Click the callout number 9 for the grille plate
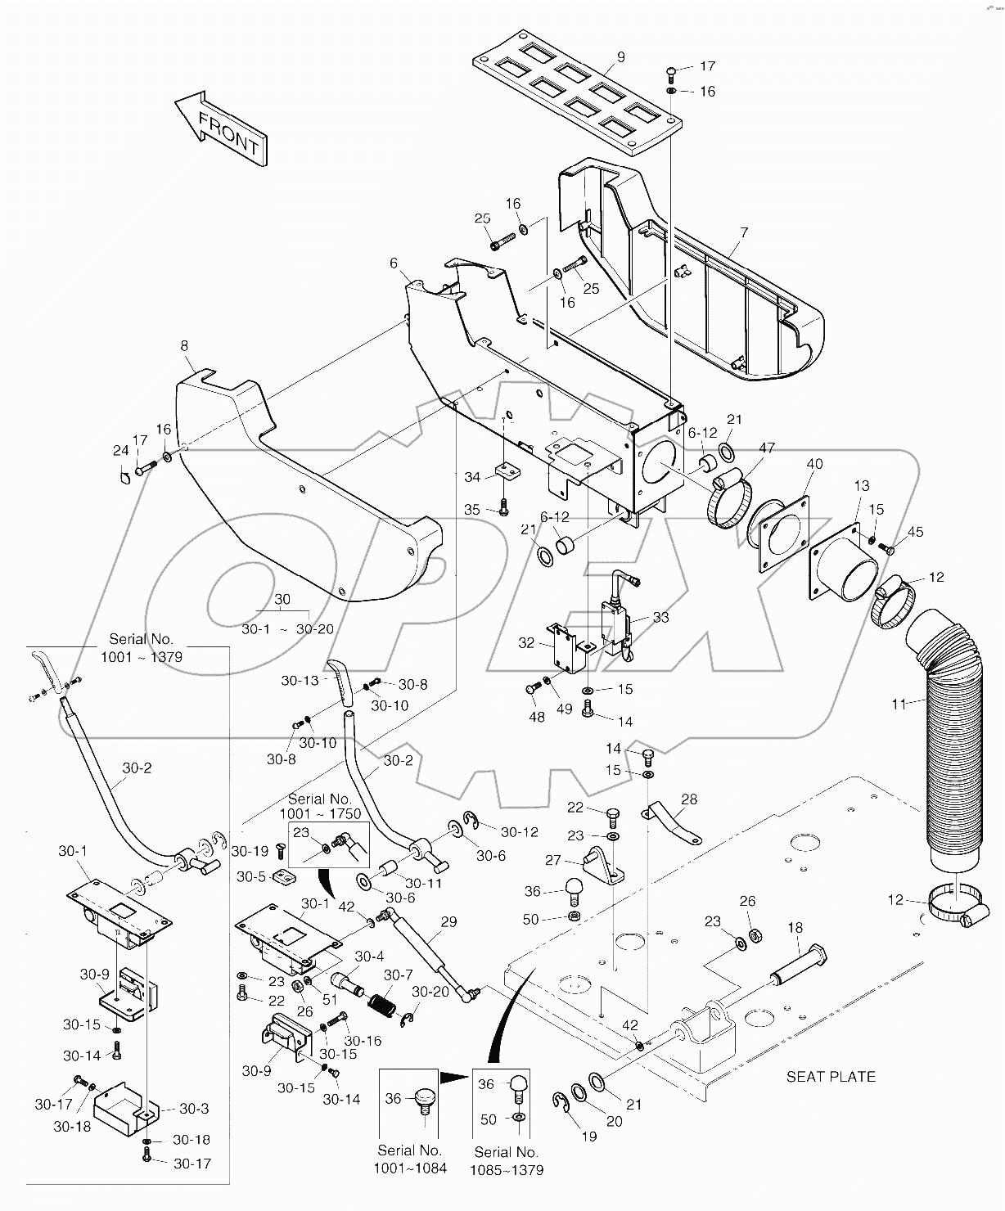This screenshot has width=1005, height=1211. [621, 56]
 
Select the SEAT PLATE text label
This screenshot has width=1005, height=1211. [831, 1076]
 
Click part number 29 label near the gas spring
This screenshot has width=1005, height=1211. [448, 922]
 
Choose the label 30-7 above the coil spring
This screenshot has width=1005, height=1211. [399, 975]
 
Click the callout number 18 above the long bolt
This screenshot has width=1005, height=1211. [795, 928]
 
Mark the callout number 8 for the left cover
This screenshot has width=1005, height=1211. [186, 347]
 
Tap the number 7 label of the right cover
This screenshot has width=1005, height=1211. [743, 233]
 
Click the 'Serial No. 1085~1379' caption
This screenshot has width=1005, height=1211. [507, 1160]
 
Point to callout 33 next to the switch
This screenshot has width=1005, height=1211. [660, 617]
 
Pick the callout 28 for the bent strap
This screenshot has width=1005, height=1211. [689, 799]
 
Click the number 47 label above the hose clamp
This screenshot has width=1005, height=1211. [767, 448]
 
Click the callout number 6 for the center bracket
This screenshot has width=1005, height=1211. [394, 263]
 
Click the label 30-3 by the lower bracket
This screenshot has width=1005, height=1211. [195, 1109]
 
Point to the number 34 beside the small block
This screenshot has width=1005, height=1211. [472, 476]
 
